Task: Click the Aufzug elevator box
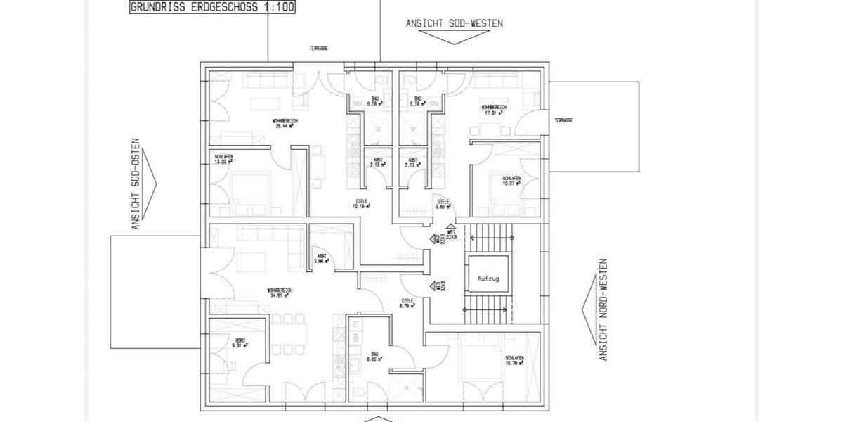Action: click(488, 279)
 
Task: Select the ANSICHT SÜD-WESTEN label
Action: click(454, 23)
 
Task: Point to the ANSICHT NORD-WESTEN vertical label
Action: click(602, 309)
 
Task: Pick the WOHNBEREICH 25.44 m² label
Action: click(285, 124)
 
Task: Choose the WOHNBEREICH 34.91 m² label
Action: click(280, 293)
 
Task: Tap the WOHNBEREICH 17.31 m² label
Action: click(494, 109)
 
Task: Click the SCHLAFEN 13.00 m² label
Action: click(225, 159)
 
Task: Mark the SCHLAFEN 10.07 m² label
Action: click(511, 181)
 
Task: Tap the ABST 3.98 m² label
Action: click(321, 258)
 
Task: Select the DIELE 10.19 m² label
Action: click(362, 205)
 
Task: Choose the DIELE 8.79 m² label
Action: click(405, 304)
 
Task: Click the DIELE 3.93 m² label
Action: click(443, 205)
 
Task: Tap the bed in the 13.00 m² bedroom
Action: click(249, 188)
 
